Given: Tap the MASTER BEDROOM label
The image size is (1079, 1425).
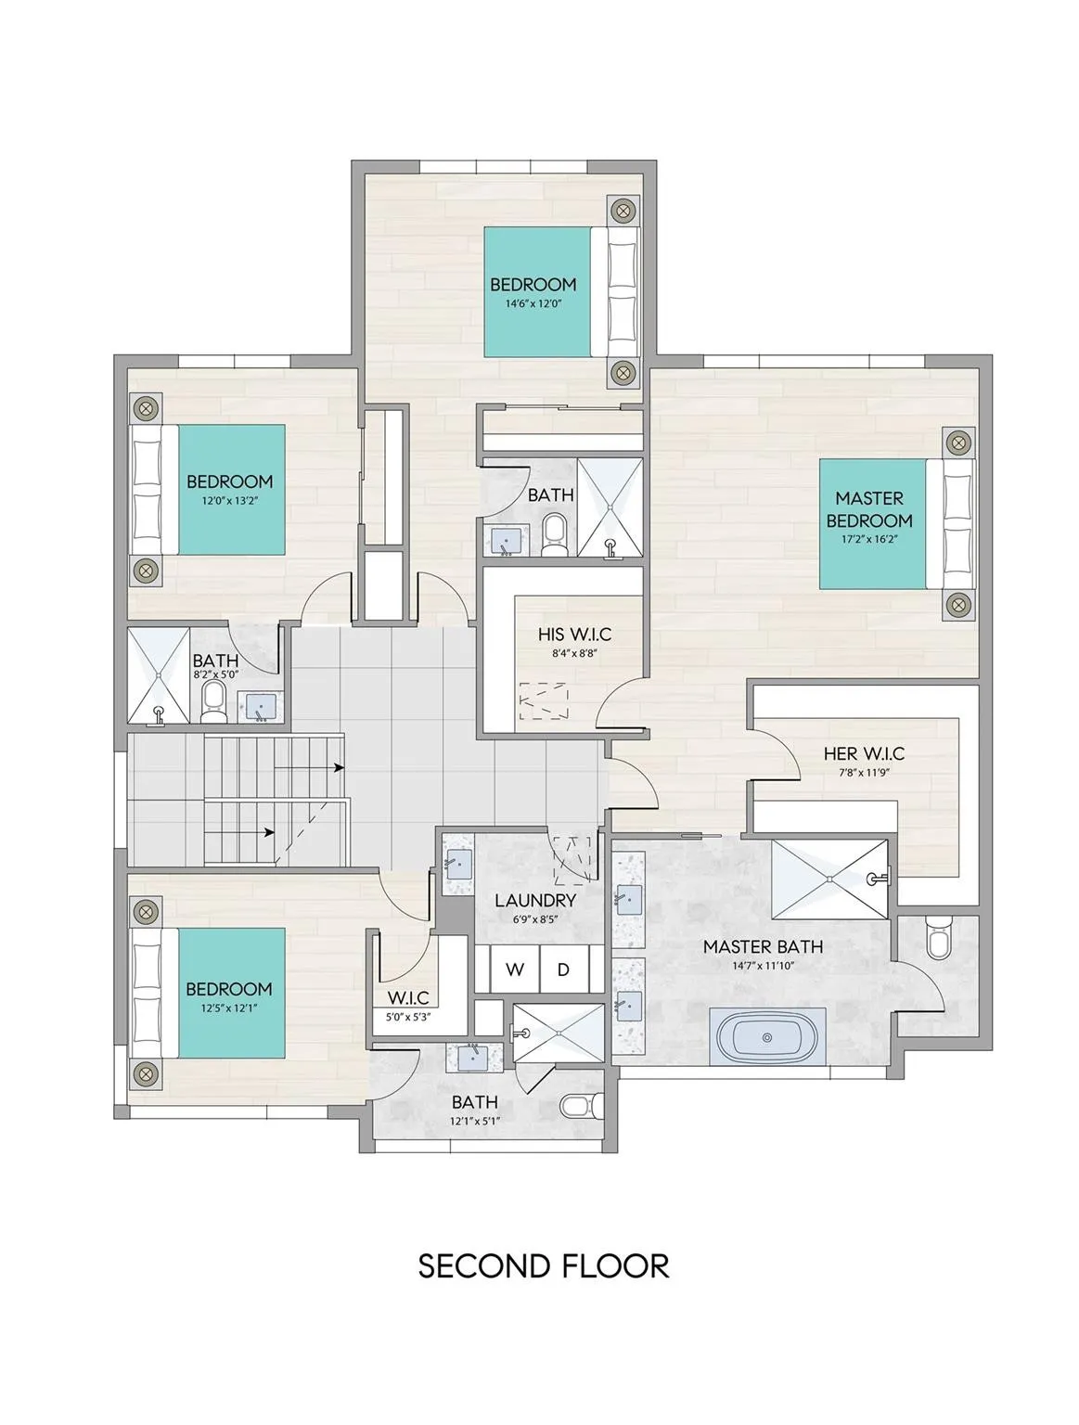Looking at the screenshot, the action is click(x=868, y=509).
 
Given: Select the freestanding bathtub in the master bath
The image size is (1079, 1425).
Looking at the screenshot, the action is click(x=766, y=1037).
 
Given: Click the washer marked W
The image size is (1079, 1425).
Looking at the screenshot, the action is click(x=514, y=969).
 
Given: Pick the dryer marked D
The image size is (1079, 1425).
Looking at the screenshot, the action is click(x=563, y=969).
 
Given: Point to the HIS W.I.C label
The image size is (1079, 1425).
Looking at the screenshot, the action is click(x=574, y=634).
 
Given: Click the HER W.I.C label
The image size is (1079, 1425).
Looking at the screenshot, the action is click(x=864, y=753).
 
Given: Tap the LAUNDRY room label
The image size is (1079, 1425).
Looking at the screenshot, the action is click(x=535, y=901).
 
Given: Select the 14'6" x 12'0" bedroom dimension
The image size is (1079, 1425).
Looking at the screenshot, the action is click(x=533, y=303).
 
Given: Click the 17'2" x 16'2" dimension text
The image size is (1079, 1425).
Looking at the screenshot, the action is click(x=870, y=539).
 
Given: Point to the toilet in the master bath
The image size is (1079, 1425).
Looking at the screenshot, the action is click(x=939, y=937).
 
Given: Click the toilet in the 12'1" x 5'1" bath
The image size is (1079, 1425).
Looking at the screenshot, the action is click(x=581, y=1105).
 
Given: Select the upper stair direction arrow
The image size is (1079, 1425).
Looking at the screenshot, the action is click(x=308, y=768).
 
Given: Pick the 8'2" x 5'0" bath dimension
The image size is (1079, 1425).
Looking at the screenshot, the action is click(x=215, y=674).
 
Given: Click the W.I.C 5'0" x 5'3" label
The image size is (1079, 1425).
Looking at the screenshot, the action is click(x=407, y=1005).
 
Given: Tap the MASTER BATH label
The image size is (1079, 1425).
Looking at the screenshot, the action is click(x=763, y=946).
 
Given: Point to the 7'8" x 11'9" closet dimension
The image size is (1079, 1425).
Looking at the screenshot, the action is click(x=864, y=773).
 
